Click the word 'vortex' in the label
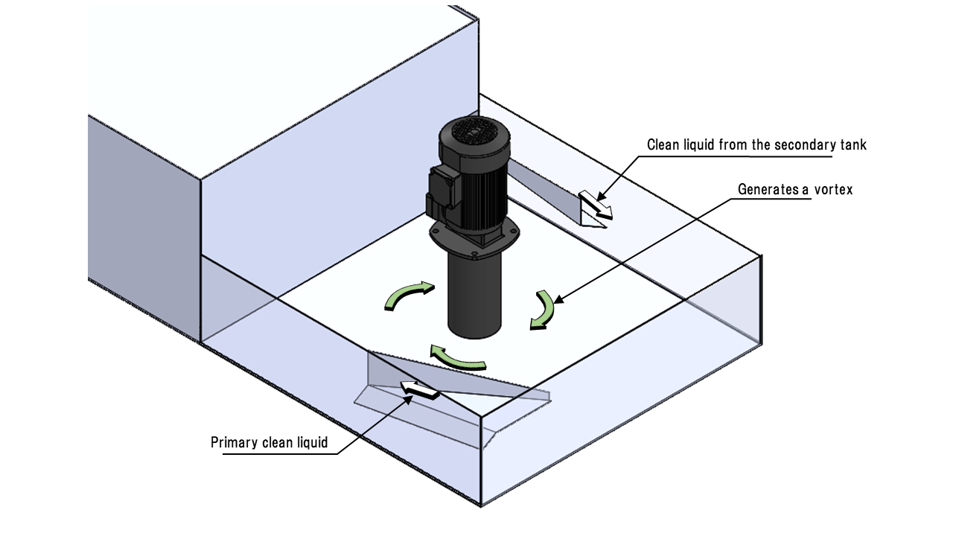[x=832, y=189]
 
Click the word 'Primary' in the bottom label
[x=235, y=443]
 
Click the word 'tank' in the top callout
[x=853, y=144]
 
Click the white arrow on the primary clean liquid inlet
[x=418, y=389]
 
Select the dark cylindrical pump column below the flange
[x=474, y=294]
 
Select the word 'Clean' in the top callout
[x=663, y=144]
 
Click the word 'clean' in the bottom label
[x=275, y=443]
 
